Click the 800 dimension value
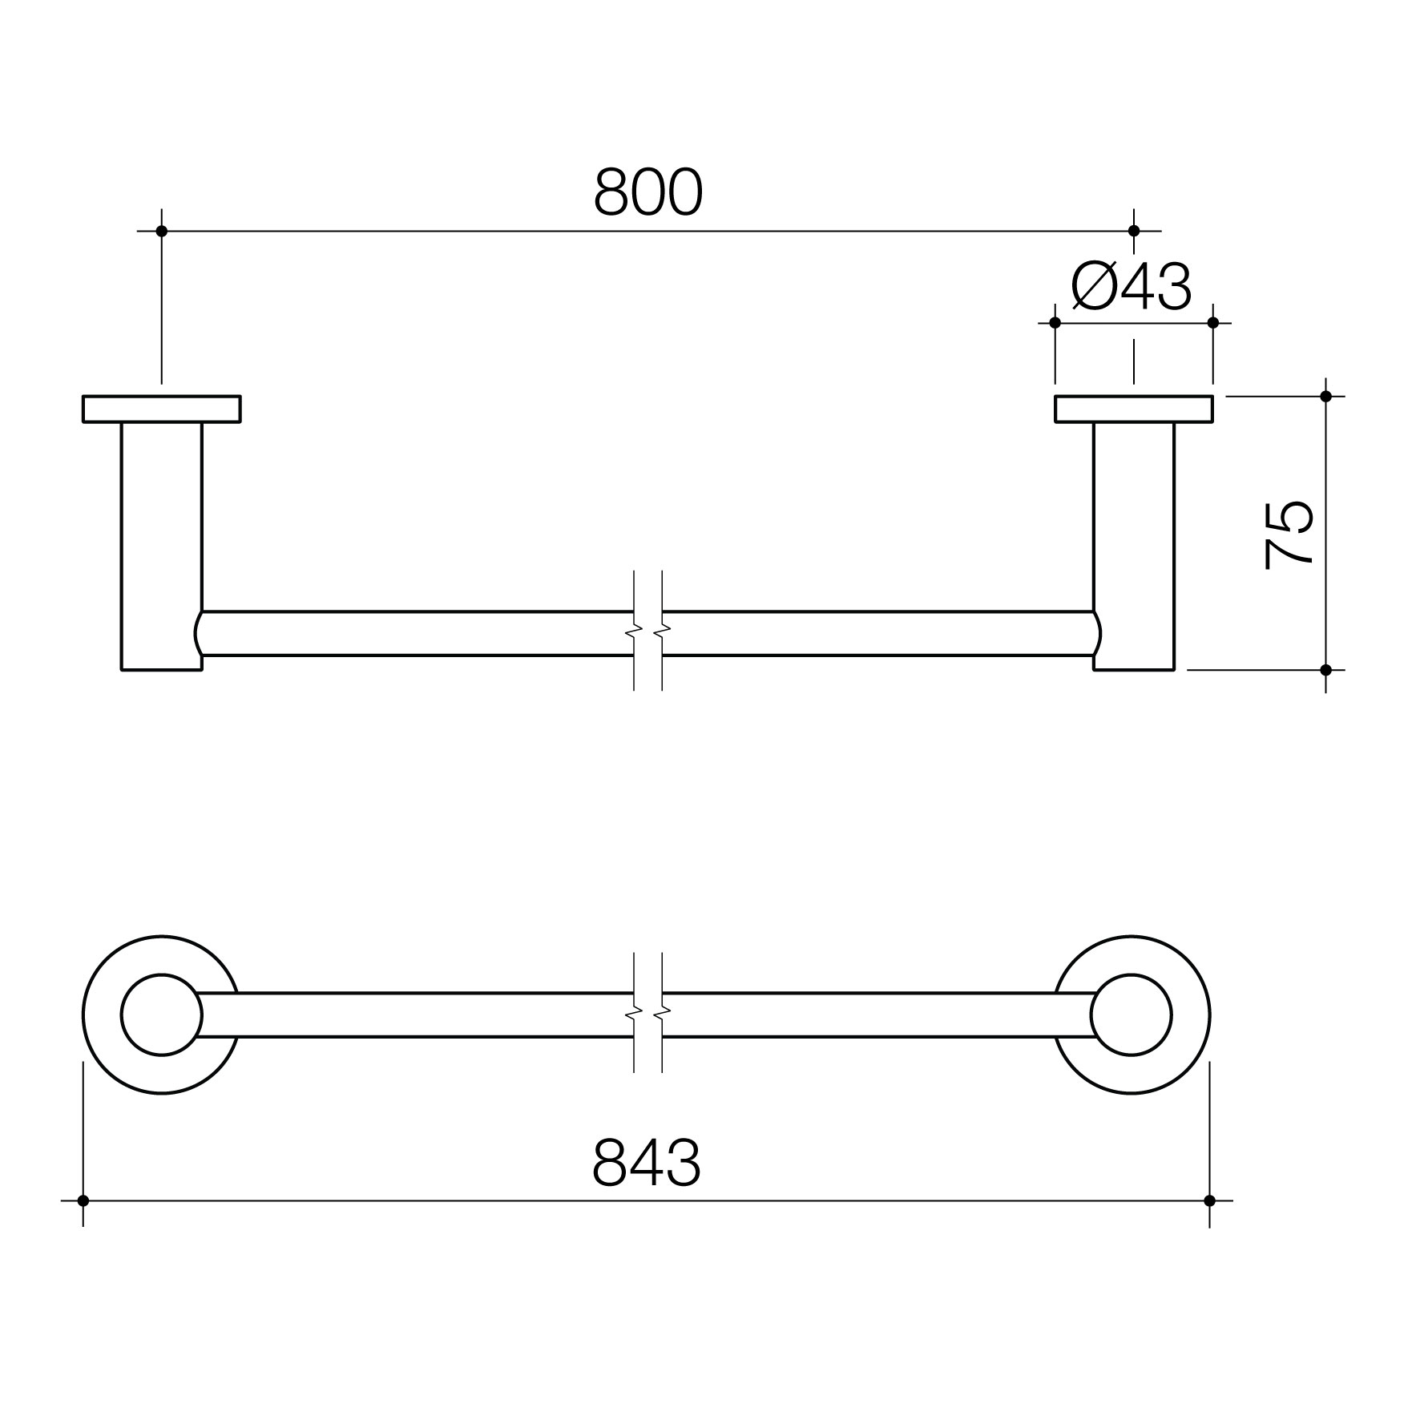[x=648, y=192]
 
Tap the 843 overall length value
[x=647, y=1162]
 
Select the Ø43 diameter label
[x=1132, y=287]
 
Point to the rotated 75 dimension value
[x=1288, y=535]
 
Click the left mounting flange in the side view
[x=161, y=409]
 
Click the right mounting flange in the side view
[x=1133, y=409]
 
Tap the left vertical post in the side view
[x=161, y=546]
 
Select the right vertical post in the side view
[x=1133, y=546]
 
